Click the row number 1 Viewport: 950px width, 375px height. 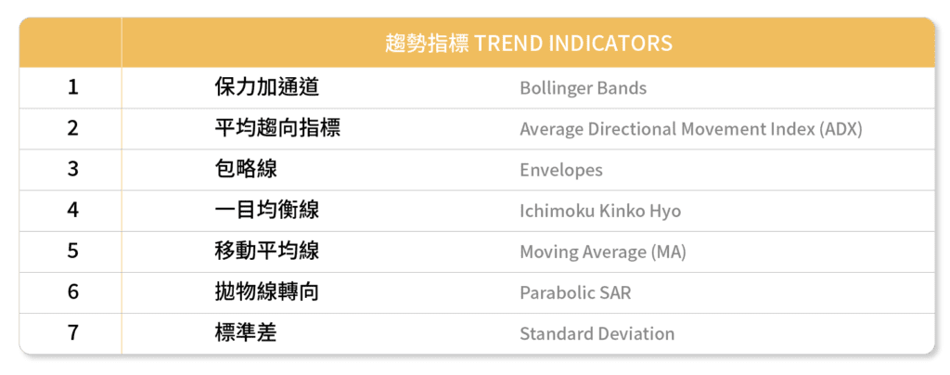click(x=72, y=88)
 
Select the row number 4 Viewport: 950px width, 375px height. click(x=72, y=210)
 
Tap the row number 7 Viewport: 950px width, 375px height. click(x=72, y=333)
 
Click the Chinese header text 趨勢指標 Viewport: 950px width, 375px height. click(x=427, y=43)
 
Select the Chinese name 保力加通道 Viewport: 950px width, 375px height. click(x=266, y=88)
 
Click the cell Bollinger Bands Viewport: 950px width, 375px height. click(x=583, y=88)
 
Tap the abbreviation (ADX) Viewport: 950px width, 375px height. click(x=841, y=129)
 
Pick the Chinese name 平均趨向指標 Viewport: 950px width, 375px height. click(x=277, y=128)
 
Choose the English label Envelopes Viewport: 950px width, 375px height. click(x=561, y=170)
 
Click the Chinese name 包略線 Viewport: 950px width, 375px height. click(x=246, y=169)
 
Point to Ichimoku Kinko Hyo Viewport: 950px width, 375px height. click(x=600, y=211)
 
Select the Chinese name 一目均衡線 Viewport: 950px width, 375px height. click(x=266, y=210)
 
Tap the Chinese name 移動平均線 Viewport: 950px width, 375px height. click(x=266, y=251)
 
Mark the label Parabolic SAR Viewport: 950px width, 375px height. click(x=575, y=292)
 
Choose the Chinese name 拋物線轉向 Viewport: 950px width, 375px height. click(x=266, y=292)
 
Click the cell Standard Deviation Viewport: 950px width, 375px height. click(x=597, y=334)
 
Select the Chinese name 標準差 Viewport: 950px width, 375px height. click(x=246, y=332)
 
